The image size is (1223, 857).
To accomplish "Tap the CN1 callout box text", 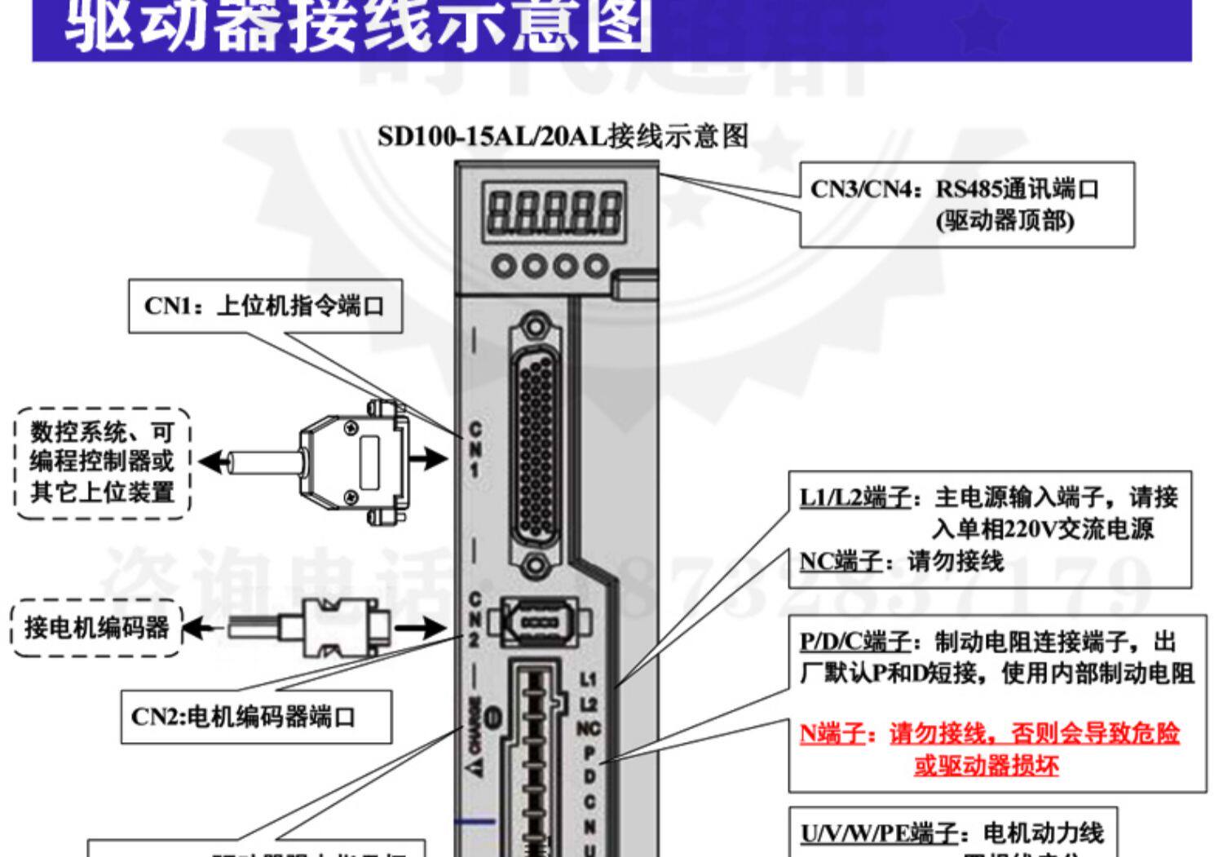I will (x=265, y=307).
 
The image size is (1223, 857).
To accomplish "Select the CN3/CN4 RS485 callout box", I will (x=966, y=204).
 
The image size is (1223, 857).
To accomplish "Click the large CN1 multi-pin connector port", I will (x=535, y=444).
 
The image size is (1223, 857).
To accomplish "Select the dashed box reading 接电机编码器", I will (x=96, y=627).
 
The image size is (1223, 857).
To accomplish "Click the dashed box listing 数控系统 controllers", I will (x=102, y=462).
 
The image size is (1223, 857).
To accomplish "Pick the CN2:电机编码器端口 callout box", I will (x=256, y=717).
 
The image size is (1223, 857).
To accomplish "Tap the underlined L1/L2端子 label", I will (x=854, y=497).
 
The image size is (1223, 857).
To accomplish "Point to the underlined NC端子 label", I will (x=841, y=561).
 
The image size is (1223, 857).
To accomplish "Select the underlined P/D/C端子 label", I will (x=854, y=642).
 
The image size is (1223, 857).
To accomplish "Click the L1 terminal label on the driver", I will (x=589, y=678).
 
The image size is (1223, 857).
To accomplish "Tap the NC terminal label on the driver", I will (x=589, y=728).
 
